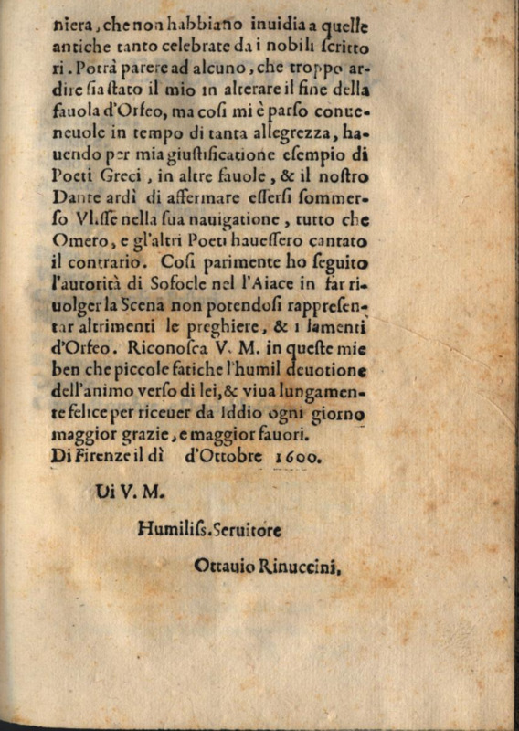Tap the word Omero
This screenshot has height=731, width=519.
pos(77,241)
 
